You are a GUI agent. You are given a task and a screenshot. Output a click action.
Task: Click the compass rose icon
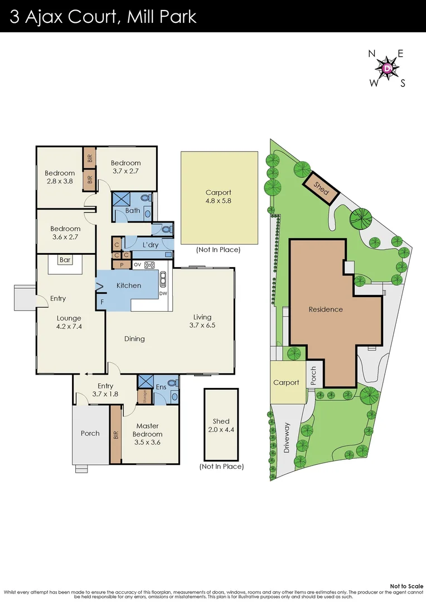point(387,68)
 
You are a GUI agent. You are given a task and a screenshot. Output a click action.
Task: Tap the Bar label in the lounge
point(65,260)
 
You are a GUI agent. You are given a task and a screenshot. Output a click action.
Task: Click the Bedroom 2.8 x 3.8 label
point(59,177)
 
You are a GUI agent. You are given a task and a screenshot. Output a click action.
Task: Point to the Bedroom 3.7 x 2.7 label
point(125,167)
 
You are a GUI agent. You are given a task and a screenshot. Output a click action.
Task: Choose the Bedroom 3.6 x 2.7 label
point(65,232)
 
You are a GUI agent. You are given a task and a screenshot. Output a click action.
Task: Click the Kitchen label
point(128,285)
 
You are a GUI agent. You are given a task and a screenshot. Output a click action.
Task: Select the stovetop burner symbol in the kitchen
point(150,265)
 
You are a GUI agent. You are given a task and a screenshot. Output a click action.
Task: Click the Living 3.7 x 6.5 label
point(202,321)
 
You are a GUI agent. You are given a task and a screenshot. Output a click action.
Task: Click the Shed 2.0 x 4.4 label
point(221,425)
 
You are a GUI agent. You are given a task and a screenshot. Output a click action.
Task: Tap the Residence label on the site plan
point(326,309)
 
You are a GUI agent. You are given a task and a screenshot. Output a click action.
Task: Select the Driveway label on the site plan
point(287,438)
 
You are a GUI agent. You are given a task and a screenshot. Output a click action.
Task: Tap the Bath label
point(133,211)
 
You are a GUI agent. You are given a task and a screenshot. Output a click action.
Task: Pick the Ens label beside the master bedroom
point(161,386)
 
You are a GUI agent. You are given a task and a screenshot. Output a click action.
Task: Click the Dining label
point(134,338)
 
